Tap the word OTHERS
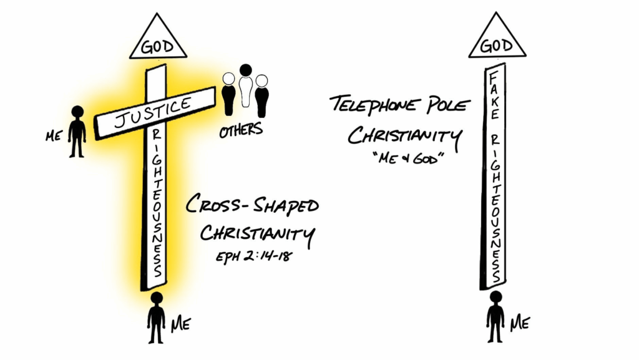click(x=241, y=130)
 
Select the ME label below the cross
click(x=180, y=324)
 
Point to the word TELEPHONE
click(x=373, y=104)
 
